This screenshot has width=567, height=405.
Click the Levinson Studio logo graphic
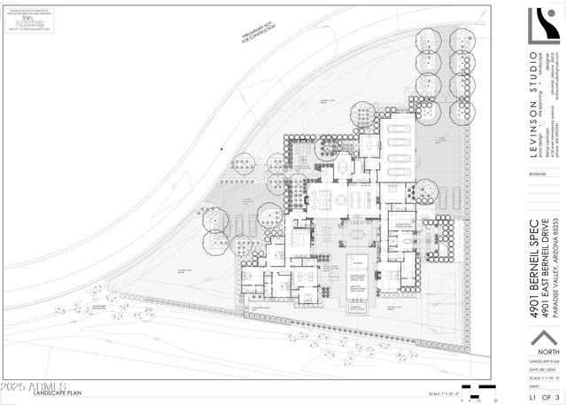click(543, 27)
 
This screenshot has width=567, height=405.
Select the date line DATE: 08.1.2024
click(541, 387)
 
